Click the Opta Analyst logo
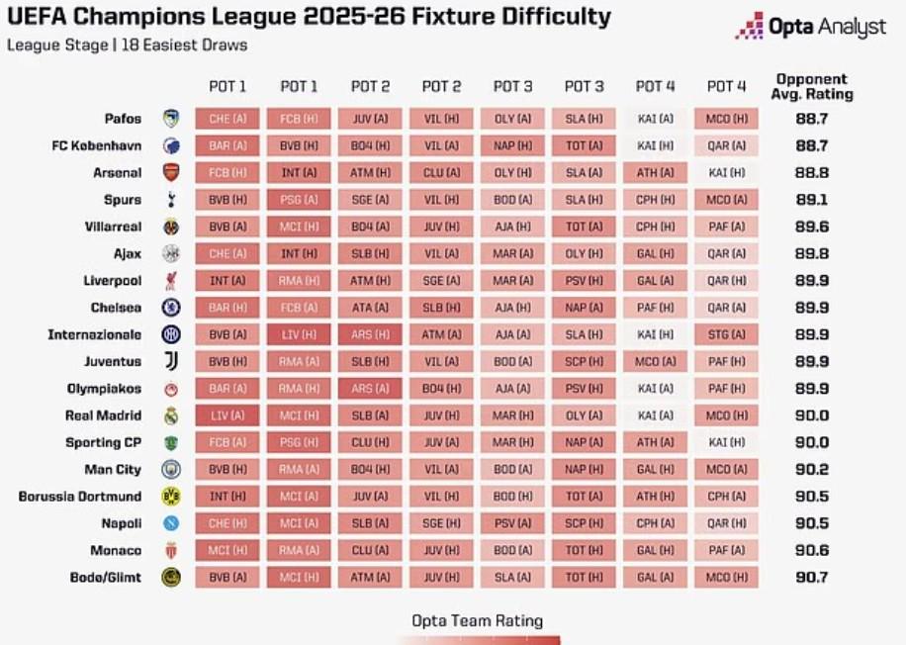(810, 27)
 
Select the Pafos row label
(124, 119)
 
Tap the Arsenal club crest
(171, 173)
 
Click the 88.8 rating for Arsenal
(811, 173)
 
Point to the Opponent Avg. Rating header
(811, 87)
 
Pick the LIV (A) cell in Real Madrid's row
(227, 415)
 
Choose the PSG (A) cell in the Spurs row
(299, 200)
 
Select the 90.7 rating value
(811, 578)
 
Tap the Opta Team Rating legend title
(478, 620)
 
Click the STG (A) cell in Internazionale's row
(726, 334)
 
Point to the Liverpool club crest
(171, 281)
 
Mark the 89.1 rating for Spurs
(811, 200)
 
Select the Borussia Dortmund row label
(80, 497)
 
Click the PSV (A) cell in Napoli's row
(512, 523)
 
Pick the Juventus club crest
(171, 362)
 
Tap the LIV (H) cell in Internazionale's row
(299, 334)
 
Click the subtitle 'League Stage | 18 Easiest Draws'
(128, 46)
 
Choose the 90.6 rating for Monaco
(811, 551)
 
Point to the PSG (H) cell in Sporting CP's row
(299, 442)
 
